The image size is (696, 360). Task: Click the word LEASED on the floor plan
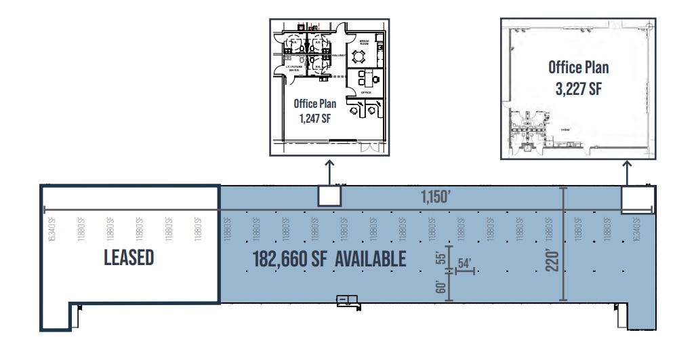[x=129, y=258]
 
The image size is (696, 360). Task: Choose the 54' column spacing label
[x=465, y=263]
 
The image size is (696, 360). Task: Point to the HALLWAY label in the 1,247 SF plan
[x=337, y=56]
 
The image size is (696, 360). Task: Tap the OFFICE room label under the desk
[x=366, y=93]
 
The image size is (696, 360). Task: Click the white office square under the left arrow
[x=329, y=195]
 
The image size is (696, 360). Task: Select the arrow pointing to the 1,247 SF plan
[x=329, y=172]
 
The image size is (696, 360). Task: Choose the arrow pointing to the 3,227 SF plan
[x=627, y=172]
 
